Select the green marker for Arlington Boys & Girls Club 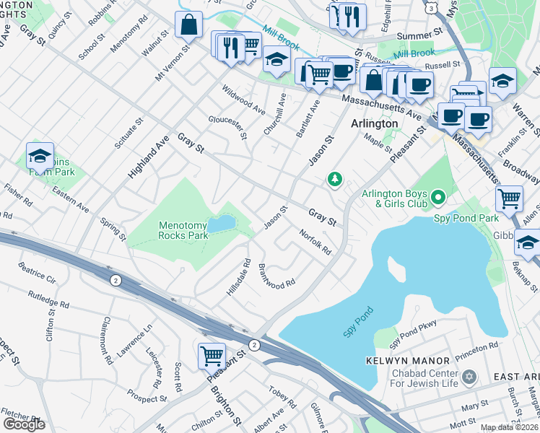[x=437, y=196]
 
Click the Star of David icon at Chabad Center [x=470, y=377]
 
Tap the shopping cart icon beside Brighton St [x=212, y=354]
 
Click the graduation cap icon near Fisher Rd [x=40, y=155]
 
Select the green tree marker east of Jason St [x=334, y=178]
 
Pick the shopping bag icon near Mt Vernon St [x=188, y=24]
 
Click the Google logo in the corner [x=24, y=424]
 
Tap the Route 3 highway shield [x=431, y=6]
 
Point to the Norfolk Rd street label [x=315, y=242]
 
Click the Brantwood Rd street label [x=276, y=276]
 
